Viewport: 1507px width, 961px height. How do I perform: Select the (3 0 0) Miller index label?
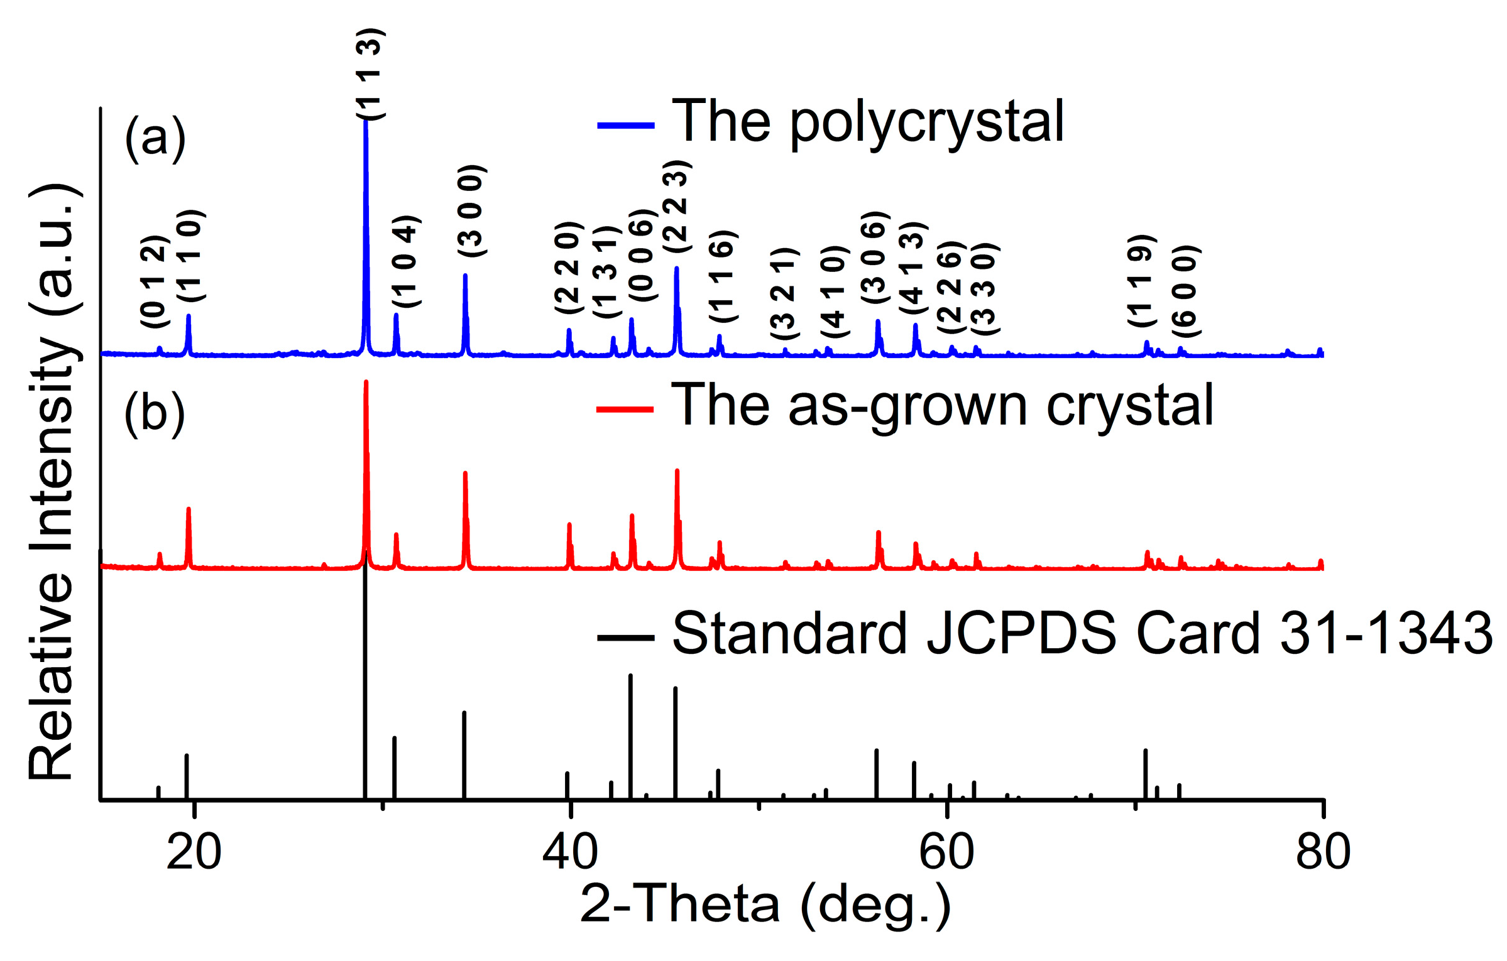pos(471,211)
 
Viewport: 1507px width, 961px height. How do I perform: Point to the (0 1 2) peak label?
pos(155,281)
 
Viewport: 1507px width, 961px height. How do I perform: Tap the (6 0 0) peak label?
pos(1186,291)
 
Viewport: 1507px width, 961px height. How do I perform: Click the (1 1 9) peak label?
pos(1142,281)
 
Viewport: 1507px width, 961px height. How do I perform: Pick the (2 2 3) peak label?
pos(677,207)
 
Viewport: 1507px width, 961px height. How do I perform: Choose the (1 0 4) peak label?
pos(406,261)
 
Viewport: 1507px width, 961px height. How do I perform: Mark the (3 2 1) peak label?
pos(784,294)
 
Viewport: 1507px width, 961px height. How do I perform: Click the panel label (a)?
pos(155,138)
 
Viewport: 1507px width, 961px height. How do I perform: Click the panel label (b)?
pos(154,413)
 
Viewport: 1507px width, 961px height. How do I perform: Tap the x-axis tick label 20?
pos(194,852)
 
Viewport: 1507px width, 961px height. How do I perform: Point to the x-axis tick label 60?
pos(946,852)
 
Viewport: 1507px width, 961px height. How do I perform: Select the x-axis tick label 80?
pos(1322,852)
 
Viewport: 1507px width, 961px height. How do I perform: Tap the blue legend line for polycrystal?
pos(625,126)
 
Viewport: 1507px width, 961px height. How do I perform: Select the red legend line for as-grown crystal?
pos(625,410)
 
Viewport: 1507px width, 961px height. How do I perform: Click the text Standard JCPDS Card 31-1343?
pos(1082,633)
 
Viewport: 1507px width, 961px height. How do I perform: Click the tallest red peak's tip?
pos(366,382)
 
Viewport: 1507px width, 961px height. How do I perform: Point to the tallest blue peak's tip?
pos(365,121)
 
